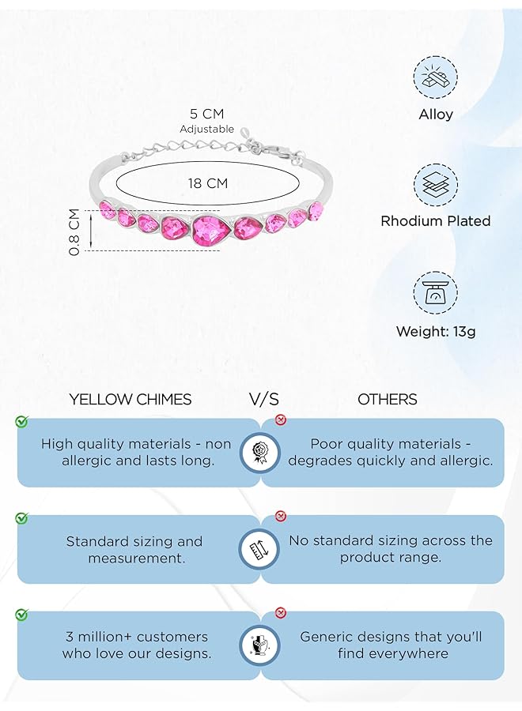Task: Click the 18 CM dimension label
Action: click(x=208, y=183)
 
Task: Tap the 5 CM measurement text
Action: click(x=207, y=113)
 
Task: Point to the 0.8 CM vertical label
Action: click(x=74, y=231)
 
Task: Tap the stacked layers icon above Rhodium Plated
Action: click(x=435, y=185)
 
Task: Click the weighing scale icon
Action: click(x=435, y=293)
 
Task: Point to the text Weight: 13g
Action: click(x=436, y=332)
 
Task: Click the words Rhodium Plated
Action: click(x=436, y=221)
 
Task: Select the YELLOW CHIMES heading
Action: click(x=130, y=399)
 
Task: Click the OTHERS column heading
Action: click(x=388, y=399)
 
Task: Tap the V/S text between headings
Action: click(x=263, y=399)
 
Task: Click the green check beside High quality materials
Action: click(x=21, y=421)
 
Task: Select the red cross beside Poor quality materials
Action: click(x=281, y=420)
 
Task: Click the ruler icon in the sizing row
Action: click(x=259, y=549)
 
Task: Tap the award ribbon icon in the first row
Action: click(x=259, y=453)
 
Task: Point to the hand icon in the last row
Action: click(x=259, y=645)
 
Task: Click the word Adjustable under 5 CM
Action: click(x=207, y=130)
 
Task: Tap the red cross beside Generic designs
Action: click(x=281, y=613)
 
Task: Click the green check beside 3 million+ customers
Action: click(x=21, y=615)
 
